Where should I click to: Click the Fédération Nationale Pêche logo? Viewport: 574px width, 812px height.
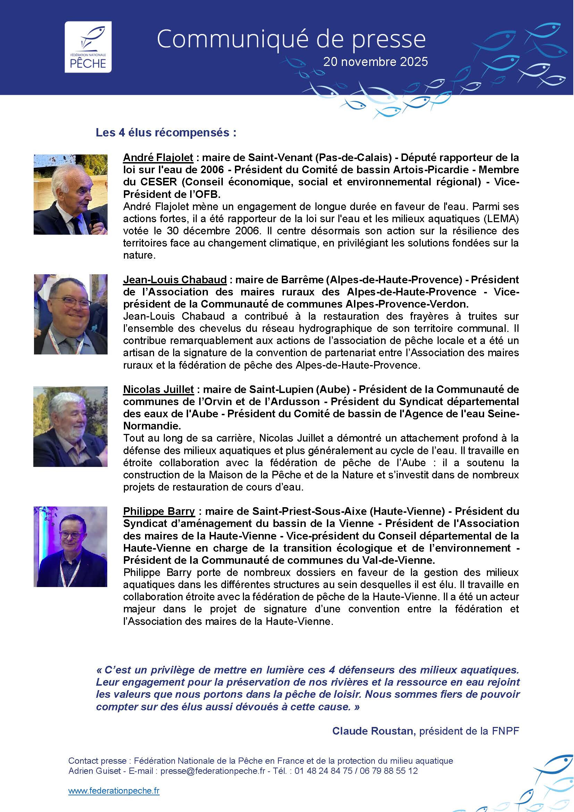[88, 47]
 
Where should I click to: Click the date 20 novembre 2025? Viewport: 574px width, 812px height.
[375, 62]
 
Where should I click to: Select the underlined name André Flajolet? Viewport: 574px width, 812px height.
[158, 157]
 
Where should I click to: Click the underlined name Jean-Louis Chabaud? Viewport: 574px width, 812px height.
[175, 280]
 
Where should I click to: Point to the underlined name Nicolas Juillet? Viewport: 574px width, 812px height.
[158, 390]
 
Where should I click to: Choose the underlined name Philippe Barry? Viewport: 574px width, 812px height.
[159, 511]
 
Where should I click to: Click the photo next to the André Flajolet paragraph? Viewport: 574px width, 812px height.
[71, 194]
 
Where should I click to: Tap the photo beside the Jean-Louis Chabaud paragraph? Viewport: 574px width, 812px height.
[71, 314]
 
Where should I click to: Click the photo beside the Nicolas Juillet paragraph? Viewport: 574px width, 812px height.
[71, 427]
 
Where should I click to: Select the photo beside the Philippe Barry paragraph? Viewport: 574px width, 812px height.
[71, 546]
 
